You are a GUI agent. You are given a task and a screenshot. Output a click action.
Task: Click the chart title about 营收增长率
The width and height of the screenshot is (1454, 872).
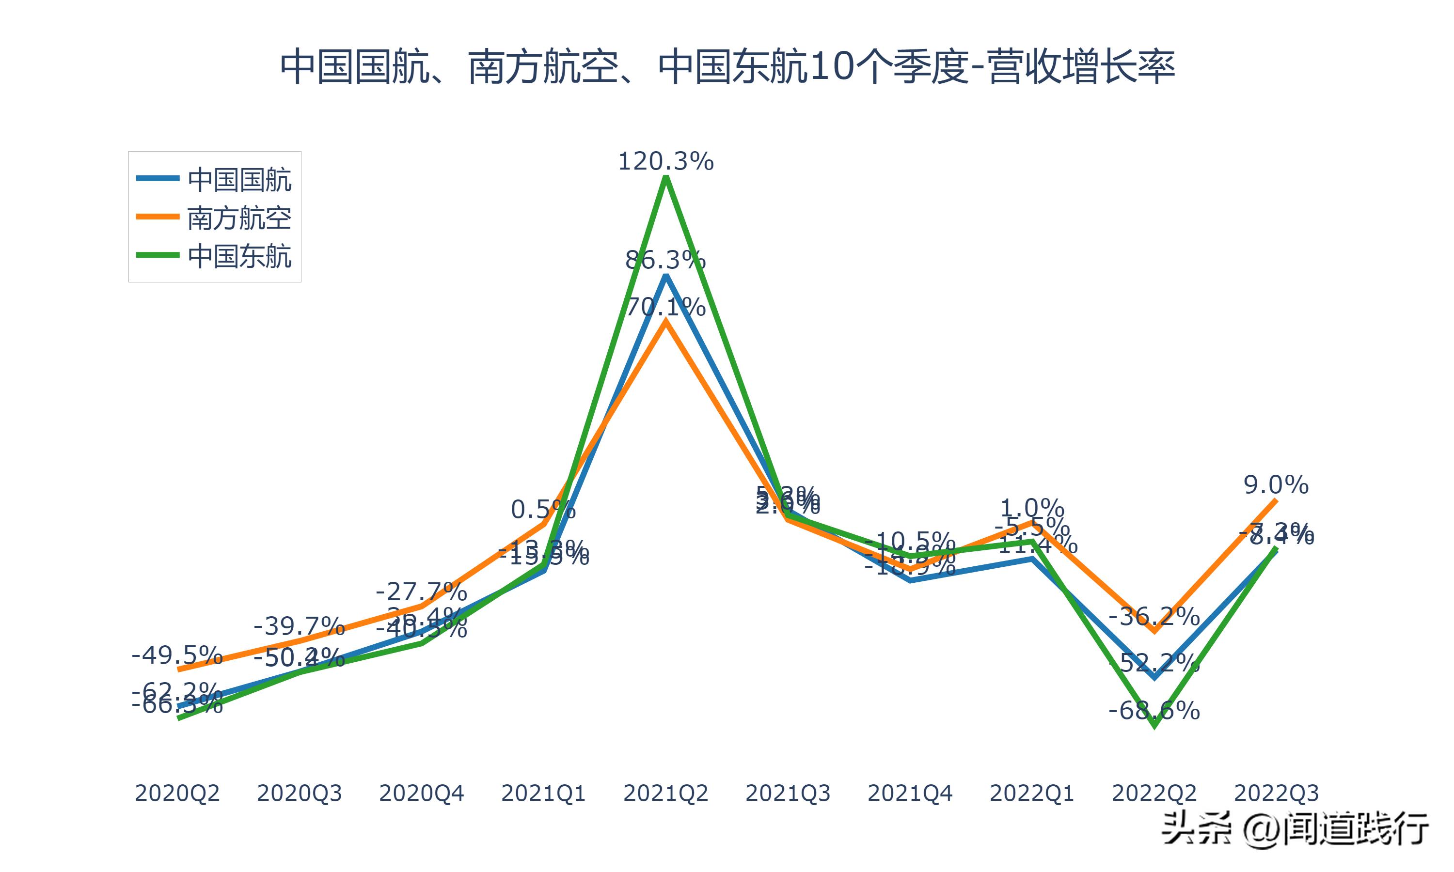click(x=727, y=67)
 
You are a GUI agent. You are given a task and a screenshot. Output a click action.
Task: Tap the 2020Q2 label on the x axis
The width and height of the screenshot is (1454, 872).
click(x=177, y=793)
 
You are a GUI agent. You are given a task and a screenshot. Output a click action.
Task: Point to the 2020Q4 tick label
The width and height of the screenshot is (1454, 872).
click(x=421, y=793)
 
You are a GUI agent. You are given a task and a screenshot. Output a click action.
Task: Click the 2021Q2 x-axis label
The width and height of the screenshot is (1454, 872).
click(x=666, y=793)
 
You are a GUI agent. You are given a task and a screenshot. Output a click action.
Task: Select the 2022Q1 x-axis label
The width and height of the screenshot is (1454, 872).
click(x=1032, y=793)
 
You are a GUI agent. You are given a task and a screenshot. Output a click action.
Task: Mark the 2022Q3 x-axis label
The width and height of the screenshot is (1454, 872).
click(x=1276, y=793)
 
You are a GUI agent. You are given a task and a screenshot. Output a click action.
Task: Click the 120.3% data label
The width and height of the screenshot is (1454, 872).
click(x=666, y=161)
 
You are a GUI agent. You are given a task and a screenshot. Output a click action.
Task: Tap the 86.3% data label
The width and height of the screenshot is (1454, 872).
click(x=666, y=260)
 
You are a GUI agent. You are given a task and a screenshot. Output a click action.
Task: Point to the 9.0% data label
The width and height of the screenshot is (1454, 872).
click(x=1276, y=485)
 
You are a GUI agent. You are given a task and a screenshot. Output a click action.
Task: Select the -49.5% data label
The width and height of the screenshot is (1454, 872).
click(x=177, y=654)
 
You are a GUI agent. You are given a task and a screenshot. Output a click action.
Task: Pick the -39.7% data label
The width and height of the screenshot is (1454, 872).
click(x=299, y=626)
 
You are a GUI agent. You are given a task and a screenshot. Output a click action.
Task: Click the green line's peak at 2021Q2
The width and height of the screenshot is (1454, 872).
click(x=666, y=177)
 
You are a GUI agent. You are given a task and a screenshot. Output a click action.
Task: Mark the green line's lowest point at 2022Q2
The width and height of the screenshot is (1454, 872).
click(x=1155, y=726)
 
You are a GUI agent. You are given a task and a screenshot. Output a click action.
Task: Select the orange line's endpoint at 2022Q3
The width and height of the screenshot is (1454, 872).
click(x=1276, y=500)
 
